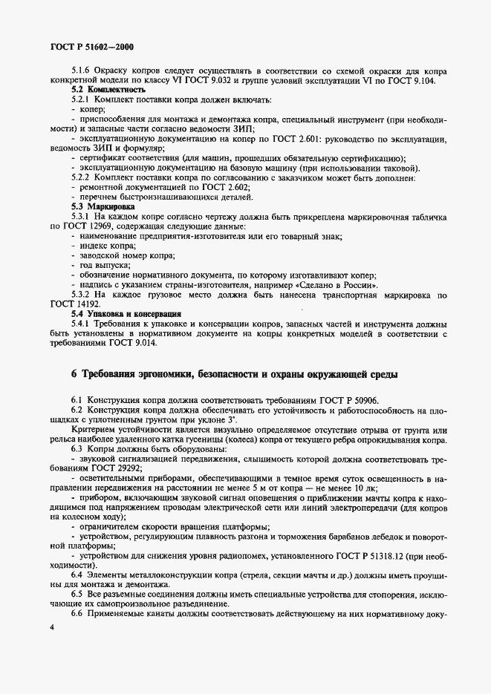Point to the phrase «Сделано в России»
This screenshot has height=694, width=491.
pyautogui.click(x=335, y=285)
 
